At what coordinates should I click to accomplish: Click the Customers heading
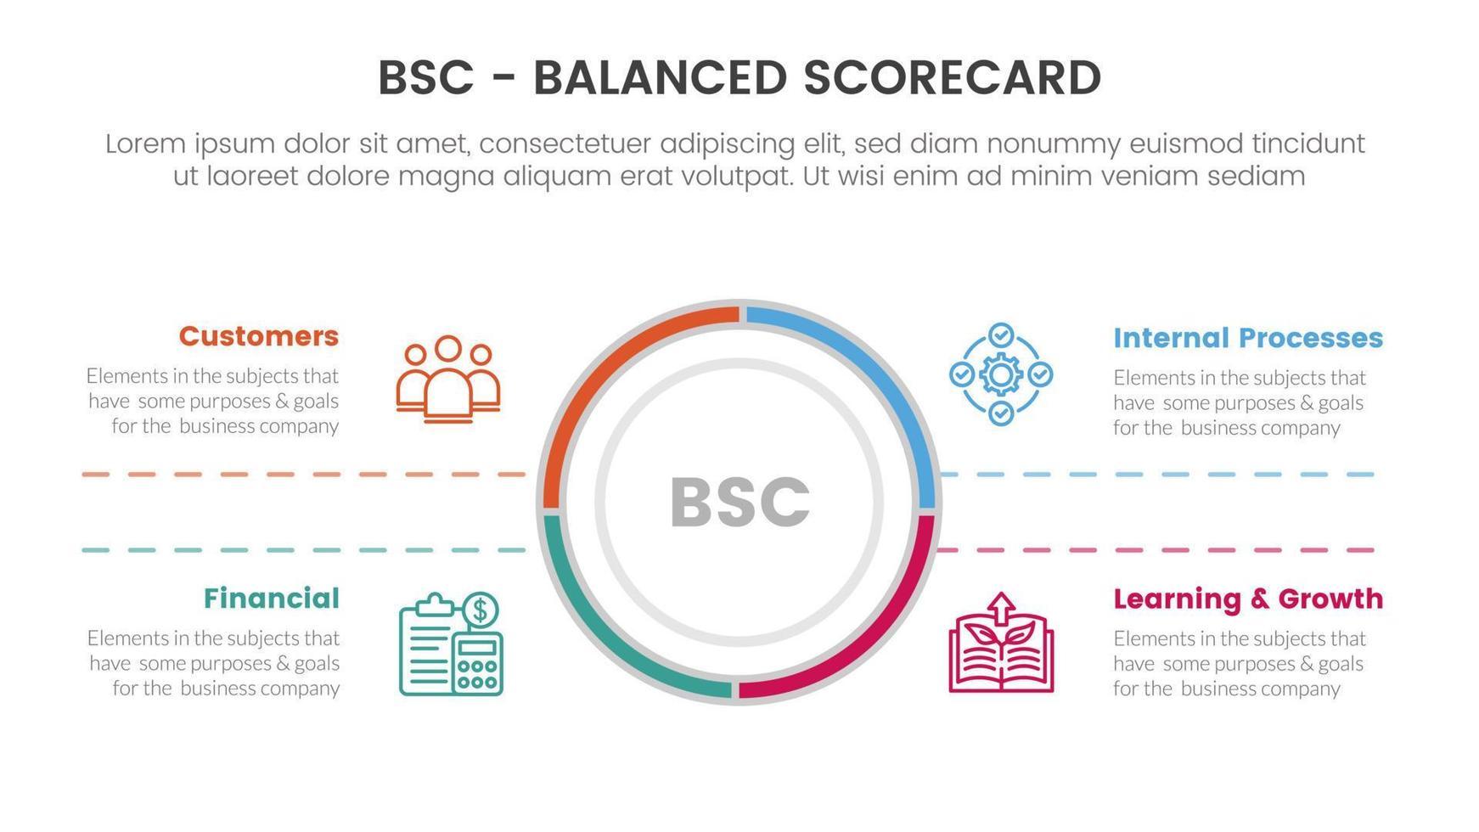pos(258,336)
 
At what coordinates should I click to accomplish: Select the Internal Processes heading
pos(1248,338)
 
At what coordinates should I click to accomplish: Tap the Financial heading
pos(272,599)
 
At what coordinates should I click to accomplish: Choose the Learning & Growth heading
pos(1248,599)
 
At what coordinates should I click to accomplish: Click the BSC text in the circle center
pos(739,503)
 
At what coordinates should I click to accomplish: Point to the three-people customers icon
pos(448,379)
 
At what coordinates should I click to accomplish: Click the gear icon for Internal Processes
pos(1001,374)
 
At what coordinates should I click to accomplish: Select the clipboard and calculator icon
pos(451,644)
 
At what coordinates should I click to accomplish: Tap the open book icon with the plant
pos(1001,643)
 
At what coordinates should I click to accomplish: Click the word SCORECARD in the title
pos(953,77)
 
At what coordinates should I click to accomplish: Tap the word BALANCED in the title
pos(660,77)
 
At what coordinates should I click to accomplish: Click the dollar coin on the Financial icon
pos(481,609)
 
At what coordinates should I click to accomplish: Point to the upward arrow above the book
pos(1002,607)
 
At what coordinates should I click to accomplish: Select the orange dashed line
pos(304,475)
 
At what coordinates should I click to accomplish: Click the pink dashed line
pos(1156,550)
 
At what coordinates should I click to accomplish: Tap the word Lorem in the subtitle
pos(145,143)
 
